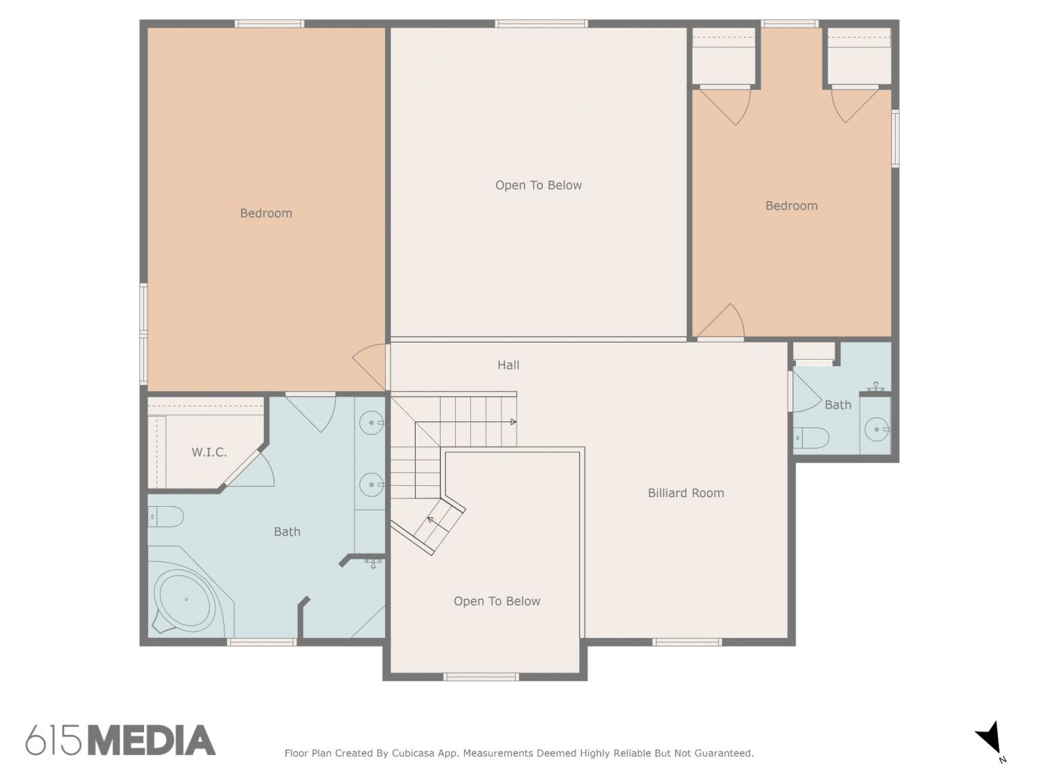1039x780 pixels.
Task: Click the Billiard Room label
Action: coord(686,493)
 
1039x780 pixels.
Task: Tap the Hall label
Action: coord(508,365)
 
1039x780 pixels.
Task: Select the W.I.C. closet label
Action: coord(208,452)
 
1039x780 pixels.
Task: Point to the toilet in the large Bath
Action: coord(165,517)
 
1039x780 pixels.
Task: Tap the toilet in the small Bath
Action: coord(811,437)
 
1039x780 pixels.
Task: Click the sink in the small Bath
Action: coord(876,429)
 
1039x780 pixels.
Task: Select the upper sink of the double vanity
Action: coord(371,422)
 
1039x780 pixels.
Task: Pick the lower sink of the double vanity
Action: coord(371,484)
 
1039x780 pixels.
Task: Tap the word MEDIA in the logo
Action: coord(152,740)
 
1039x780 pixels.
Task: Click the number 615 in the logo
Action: coord(53,740)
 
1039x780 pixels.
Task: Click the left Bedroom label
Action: coord(266,213)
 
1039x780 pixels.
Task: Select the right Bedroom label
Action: coord(792,205)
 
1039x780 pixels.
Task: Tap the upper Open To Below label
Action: coord(538,185)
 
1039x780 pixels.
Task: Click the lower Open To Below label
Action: coord(497,601)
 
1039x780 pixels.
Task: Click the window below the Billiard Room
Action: coord(687,642)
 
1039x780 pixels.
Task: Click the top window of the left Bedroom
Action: coord(269,24)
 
